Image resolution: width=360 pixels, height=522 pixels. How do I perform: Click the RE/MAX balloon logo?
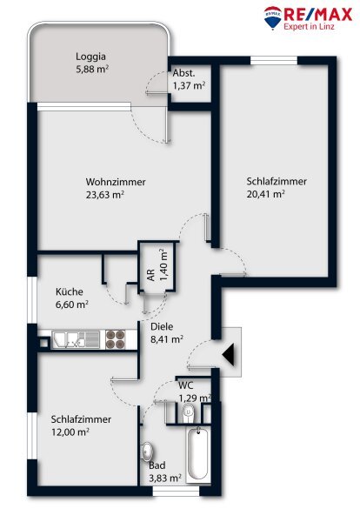click(272, 17)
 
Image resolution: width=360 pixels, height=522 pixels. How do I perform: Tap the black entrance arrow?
click(229, 354)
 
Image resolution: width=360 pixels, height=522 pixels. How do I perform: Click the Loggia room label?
click(90, 57)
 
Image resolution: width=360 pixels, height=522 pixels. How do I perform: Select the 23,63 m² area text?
click(105, 195)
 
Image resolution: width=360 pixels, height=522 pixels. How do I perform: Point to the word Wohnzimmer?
click(116, 182)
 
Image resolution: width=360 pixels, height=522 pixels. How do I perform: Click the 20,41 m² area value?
click(265, 194)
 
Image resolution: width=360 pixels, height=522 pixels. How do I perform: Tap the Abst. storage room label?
click(184, 74)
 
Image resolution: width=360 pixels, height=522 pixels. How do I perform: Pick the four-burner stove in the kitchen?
click(115, 339)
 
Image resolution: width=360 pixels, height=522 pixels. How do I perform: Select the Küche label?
click(70, 292)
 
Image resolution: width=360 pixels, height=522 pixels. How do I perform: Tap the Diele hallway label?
click(162, 326)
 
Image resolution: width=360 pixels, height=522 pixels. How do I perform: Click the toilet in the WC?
click(189, 413)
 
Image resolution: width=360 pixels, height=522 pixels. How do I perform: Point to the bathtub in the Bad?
click(198, 454)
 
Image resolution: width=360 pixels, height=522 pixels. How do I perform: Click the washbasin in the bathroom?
click(148, 452)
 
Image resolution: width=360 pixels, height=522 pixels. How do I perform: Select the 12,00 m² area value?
click(70, 432)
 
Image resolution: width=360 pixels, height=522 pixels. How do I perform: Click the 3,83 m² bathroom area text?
click(165, 478)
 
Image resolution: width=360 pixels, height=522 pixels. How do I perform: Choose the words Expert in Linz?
click(309, 27)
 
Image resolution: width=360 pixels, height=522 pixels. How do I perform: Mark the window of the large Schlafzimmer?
click(274, 60)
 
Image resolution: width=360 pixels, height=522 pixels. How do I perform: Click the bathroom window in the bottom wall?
click(176, 492)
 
